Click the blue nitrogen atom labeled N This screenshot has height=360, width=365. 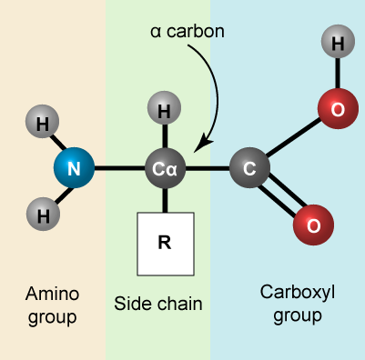click(75, 168)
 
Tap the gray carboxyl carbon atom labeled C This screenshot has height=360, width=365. click(249, 168)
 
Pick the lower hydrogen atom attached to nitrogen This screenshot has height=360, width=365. click(42, 215)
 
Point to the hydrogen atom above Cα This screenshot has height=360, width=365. click(165, 112)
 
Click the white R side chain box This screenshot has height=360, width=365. click(165, 244)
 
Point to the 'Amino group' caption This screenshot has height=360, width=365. click(53, 305)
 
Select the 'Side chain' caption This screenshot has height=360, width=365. click(158, 303)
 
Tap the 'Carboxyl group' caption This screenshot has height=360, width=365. click(291, 304)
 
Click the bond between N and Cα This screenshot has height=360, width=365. click(120, 168)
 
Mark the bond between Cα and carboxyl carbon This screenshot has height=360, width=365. click(208, 168)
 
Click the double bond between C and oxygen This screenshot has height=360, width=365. click(282, 198)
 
